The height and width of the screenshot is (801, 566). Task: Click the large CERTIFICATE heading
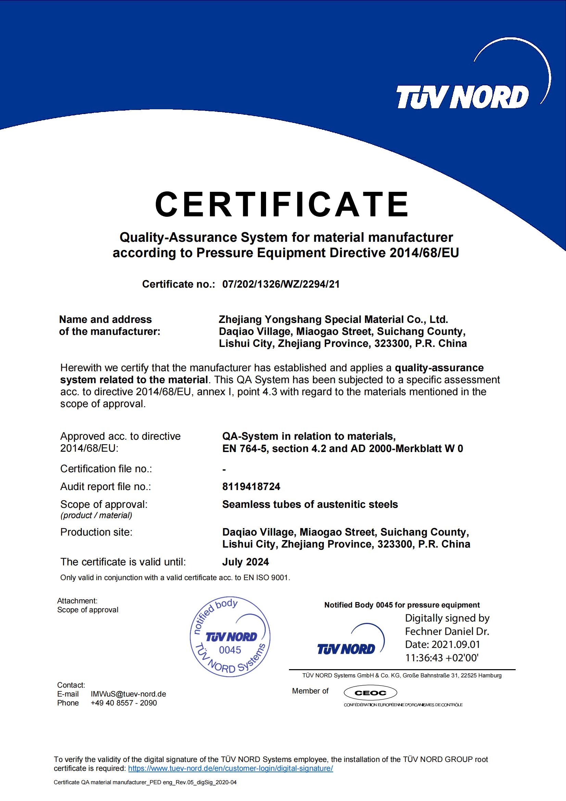(282, 204)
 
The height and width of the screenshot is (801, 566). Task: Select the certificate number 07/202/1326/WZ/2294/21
(281, 284)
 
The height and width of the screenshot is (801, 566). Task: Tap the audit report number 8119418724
(251, 486)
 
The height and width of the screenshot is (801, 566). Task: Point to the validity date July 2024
(246, 562)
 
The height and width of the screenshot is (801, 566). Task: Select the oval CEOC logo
(370, 693)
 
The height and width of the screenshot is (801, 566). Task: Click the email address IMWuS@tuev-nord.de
(128, 694)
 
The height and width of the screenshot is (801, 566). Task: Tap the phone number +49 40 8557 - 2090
(124, 703)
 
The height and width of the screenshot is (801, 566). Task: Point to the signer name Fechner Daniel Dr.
(447, 631)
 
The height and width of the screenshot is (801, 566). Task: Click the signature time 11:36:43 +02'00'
(441, 658)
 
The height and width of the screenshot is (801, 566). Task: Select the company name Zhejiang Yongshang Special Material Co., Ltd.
(333, 319)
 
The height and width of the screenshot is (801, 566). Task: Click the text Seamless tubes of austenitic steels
(310, 504)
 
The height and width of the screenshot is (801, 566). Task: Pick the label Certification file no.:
(106, 468)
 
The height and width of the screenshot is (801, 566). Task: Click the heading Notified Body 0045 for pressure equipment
(402, 605)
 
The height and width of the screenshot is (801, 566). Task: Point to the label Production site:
(97, 532)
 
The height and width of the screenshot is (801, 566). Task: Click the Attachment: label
(77, 601)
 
